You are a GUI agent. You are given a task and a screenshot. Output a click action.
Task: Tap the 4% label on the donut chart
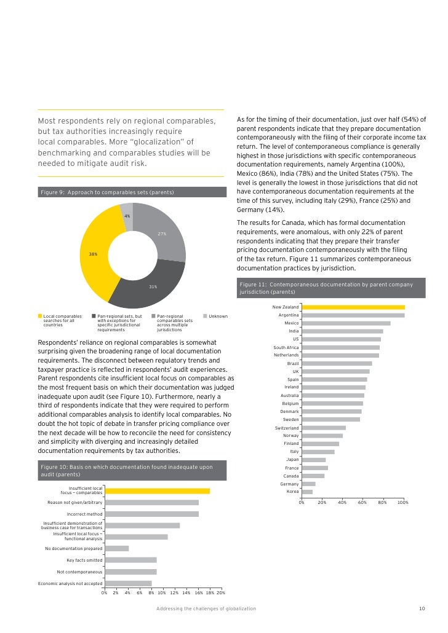pos(127,216)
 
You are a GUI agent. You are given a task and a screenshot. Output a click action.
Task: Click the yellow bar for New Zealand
pos(353,307)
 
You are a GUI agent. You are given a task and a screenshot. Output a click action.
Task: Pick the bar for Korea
pos(307,492)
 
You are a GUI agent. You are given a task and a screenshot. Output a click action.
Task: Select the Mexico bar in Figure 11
pos(346,323)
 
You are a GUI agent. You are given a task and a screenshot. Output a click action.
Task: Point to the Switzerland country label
pos(286,428)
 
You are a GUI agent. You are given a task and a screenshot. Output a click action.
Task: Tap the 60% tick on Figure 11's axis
pos(362,503)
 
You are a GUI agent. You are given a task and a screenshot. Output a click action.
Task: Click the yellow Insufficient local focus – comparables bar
pos(157,491)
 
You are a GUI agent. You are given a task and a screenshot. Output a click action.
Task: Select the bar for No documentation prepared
pos(117,548)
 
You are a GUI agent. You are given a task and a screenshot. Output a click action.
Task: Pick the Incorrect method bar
pos(151,514)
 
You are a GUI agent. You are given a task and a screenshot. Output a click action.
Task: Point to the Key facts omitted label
pos(84,560)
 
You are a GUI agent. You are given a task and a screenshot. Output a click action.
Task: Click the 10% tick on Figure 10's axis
pos(162,592)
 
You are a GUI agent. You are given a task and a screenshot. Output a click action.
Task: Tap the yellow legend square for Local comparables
pos(40,316)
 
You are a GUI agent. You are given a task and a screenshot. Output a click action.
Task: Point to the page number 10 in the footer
pos(422,608)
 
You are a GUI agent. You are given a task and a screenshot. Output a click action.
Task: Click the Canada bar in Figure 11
pos(313,476)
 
